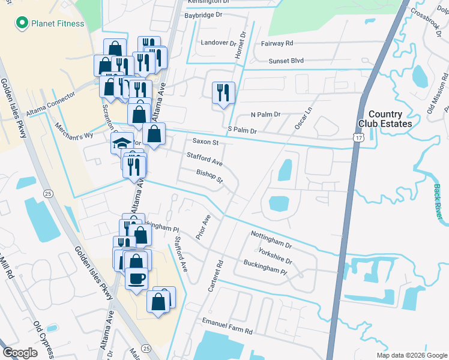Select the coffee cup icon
pos(136,278)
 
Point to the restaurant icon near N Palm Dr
pos(223,92)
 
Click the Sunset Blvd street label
pos(286,61)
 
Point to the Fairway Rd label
pos(277,43)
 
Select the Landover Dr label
pos(218,43)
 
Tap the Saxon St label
pos(205,142)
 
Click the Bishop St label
pos(209,176)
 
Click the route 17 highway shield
pos(358,138)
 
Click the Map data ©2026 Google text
pos(411,355)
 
